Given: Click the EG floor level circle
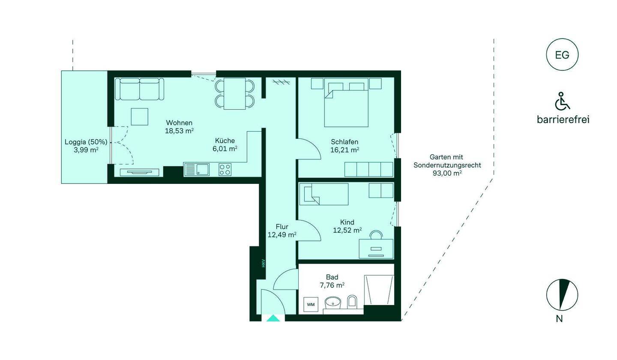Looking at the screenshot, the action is tap(562, 54).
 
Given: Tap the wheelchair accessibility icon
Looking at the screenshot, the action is tap(562, 101).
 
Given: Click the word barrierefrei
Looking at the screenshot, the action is tap(563, 119).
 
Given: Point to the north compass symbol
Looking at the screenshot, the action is tap(562, 295).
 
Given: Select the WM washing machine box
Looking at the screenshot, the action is tap(311, 304).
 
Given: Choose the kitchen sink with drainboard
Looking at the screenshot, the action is tap(197, 169).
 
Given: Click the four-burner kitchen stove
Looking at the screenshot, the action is tap(225, 169).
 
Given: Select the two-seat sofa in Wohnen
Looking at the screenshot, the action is tap(139, 89).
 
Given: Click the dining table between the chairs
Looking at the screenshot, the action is tap(235, 94).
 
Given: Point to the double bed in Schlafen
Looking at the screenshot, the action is tap(346, 102).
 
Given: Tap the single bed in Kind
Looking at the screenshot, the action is tap(324, 194).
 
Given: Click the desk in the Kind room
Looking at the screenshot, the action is tap(376, 249).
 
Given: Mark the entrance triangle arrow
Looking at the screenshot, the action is tap(273, 318).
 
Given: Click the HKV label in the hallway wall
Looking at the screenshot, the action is tap(264, 263).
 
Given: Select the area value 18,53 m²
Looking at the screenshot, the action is tap(179, 131).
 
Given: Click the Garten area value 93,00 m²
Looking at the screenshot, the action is tap(447, 173).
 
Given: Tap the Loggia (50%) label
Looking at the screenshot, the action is tap(86, 142).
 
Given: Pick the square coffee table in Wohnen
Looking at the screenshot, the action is tap(140, 117).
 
